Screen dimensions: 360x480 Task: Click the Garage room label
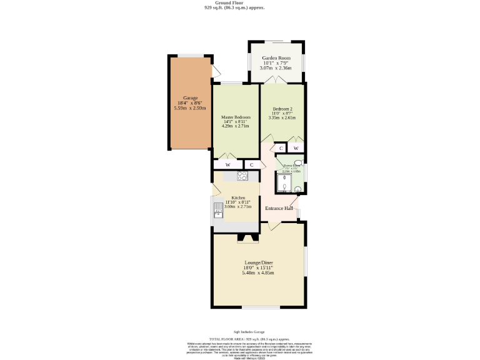[x=190, y=98]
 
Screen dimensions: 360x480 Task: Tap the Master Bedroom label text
[x=236, y=117]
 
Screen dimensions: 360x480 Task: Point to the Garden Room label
[x=276, y=58]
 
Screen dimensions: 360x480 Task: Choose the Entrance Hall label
[x=279, y=208]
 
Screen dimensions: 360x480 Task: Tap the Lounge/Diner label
[x=259, y=262]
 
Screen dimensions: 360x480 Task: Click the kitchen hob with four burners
[x=242, y=176]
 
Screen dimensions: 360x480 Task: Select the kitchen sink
[x=219, y=209]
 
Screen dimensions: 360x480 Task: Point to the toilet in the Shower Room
[x=298, y=169]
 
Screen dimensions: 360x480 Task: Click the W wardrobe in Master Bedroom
[x=228, y=165]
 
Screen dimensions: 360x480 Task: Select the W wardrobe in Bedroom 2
[x=296, y=148]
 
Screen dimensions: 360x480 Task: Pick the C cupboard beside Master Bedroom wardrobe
[x=252, y=165]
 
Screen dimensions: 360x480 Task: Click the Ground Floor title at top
[x=226, y=2]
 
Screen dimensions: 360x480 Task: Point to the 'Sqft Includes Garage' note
[x=249, y=331]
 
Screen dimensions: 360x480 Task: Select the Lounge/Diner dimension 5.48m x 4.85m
[x=259, y=273]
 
